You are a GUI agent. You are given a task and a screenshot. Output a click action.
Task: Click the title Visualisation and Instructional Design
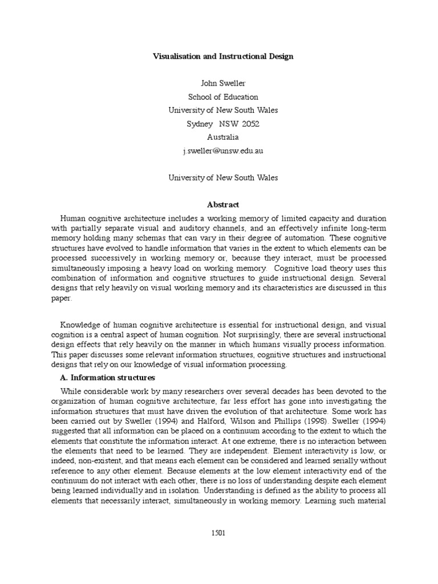(223, 56)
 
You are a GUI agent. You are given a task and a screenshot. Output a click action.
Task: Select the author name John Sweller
(223, 83)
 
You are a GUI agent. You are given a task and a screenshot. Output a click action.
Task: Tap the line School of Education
(223, 97)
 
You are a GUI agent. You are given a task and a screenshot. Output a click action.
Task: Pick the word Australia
(223, 137)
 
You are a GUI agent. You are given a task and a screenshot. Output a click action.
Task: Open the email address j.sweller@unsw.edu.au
(223, 151)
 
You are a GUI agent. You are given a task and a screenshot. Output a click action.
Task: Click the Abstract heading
(223, 205)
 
